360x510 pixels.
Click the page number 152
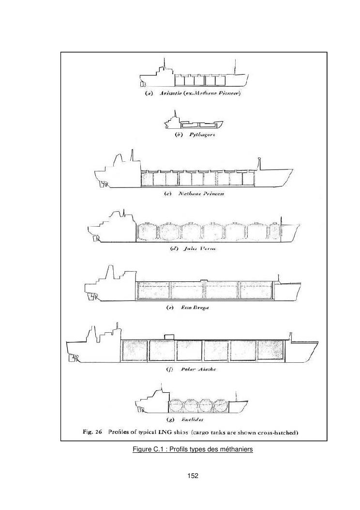point(193,476)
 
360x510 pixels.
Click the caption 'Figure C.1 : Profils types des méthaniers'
point(193,450)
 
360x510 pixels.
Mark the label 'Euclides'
point(193,419)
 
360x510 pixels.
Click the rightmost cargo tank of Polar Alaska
point(270,350)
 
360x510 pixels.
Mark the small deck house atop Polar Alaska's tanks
point(169,336)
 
